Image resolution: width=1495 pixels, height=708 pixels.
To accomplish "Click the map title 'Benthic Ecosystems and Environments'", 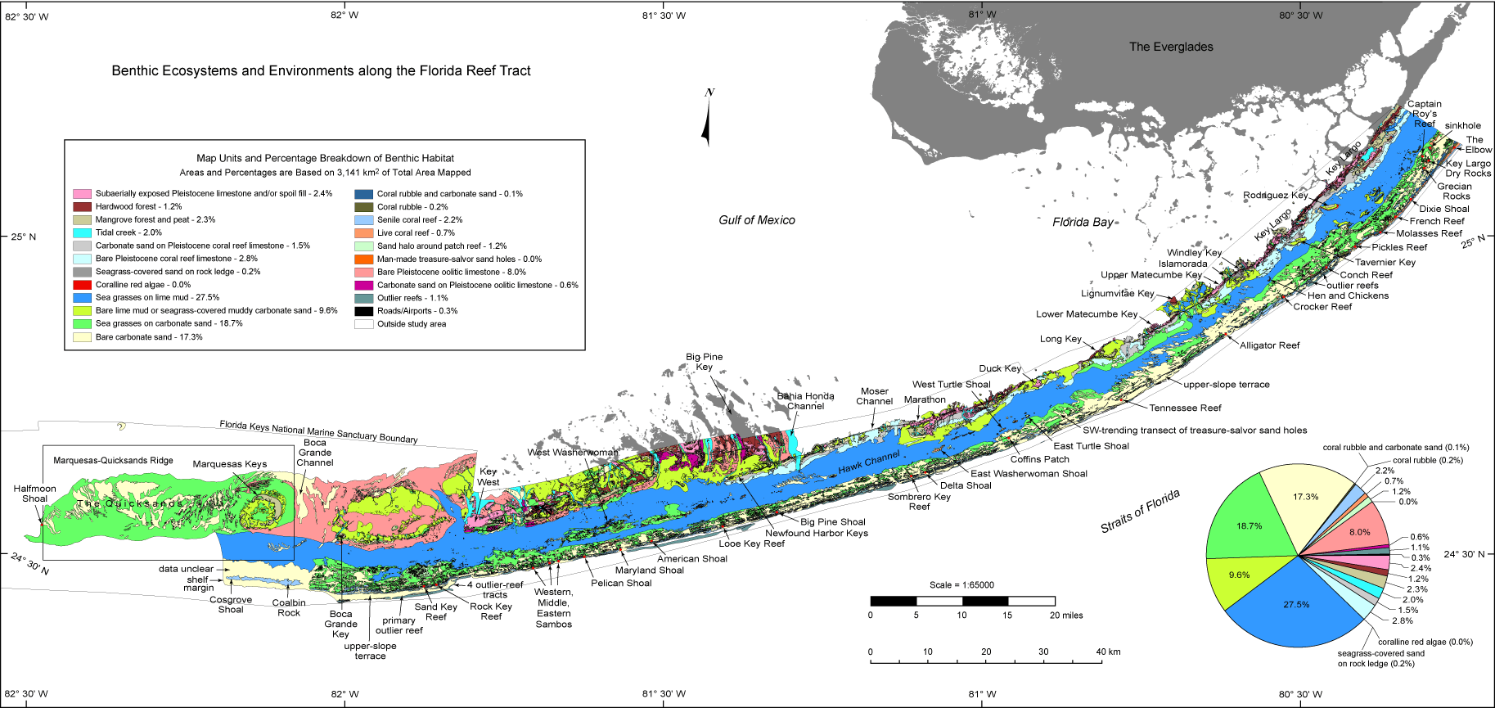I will (321, 71).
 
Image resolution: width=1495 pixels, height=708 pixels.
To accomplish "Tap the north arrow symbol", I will (707, 123).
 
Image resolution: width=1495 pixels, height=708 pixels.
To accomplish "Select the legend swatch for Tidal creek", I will (82, 232).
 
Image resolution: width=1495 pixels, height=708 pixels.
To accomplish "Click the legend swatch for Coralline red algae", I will (82, 285).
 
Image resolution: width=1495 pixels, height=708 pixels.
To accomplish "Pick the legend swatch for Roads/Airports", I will (363, 311).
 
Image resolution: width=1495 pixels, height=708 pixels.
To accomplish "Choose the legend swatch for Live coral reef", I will (363, 233).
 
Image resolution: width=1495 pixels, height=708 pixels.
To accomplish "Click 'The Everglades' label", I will (1171, 47).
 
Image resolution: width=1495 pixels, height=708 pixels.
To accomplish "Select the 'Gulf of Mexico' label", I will (757, 220).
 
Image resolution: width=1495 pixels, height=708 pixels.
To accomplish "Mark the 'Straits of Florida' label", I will (1140, 512).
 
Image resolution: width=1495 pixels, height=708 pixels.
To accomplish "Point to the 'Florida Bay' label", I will (1083, 223).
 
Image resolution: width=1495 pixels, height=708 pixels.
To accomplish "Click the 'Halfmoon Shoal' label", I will (34, 494).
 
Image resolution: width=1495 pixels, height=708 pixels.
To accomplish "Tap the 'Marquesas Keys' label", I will (230, 464).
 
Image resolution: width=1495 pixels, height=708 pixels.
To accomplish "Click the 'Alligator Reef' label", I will (1269, 345).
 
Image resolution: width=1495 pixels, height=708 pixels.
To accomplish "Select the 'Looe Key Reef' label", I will (751, 543).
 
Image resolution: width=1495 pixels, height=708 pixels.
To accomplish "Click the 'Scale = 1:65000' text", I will (961, 585).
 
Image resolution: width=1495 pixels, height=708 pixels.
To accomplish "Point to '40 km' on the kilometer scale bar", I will (1108, 652).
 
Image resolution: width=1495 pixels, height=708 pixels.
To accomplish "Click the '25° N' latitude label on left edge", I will (23, 237).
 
